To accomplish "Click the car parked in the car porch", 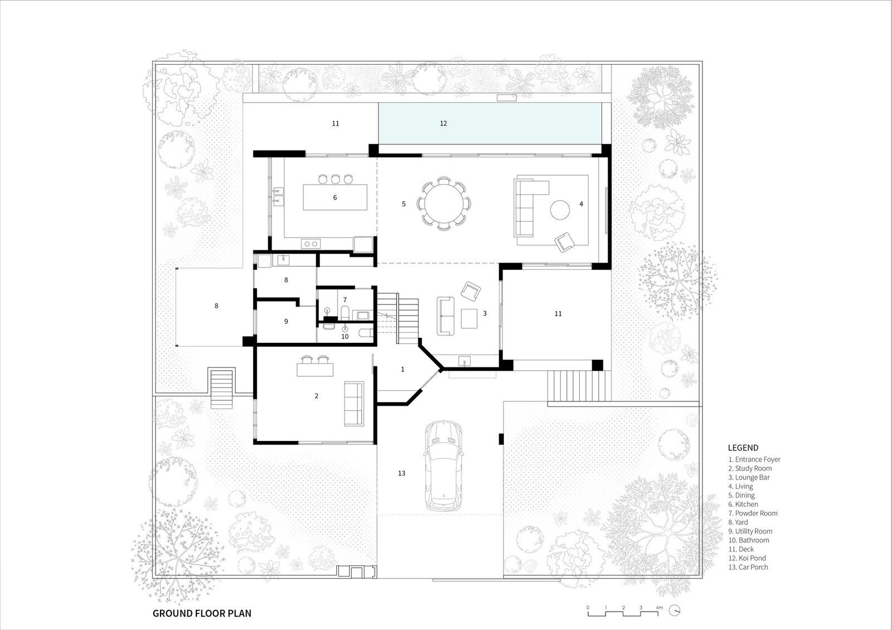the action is (x=444, y=466).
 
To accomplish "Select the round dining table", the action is (x=444, y=203).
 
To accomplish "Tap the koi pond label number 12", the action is (x=443, y=123).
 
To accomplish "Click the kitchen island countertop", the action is (x=335, y=197).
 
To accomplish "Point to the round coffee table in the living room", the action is (x=560, y=210).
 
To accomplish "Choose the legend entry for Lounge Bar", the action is (x=749, y=477).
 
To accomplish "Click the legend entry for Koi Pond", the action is (x=747, y=558).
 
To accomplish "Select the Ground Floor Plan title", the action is (x=202, y=613).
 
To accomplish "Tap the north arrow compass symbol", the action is (x=674, y=610).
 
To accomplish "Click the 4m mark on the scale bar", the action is (x=660, y=608).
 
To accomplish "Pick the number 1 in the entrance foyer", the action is (x=403, y=370).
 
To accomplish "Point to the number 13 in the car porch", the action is (x=401, y=473).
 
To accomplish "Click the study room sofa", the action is (x=354, y=404).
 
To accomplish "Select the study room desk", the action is (x=315, y=370).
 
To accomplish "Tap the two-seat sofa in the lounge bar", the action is (x=445, y=316).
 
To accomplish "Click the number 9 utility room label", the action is (x=286, y=321).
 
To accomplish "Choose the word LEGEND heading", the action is (x=743, y=448).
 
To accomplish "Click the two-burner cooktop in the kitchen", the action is (x=311, y=243).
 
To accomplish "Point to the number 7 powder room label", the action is (x=345, y=299).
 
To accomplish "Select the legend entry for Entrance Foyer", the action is (x=754, y=459).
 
